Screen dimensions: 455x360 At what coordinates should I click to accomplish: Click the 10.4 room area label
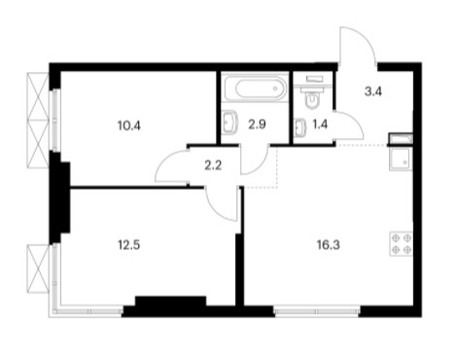[129, 126]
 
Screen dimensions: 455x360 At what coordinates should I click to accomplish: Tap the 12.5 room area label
[128, 245]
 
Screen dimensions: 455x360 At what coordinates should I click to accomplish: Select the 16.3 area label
[329, 245]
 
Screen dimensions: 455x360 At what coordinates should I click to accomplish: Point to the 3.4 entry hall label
[373, 91]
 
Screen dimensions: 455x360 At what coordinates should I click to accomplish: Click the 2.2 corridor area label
[213, 165]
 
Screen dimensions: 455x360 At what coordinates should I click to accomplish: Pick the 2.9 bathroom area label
[257, 125]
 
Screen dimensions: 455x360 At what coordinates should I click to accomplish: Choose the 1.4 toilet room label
[320, 125]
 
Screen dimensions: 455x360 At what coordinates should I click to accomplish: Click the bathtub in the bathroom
[256, 88]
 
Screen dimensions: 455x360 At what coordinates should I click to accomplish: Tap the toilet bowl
[312, 100]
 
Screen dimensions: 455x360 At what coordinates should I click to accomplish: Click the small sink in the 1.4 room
[299, 127]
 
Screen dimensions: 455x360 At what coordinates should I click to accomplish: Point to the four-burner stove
[402, 244]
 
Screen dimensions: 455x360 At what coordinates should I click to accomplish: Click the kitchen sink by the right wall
[402, 159]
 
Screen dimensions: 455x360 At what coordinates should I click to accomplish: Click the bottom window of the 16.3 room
[317, 311]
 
